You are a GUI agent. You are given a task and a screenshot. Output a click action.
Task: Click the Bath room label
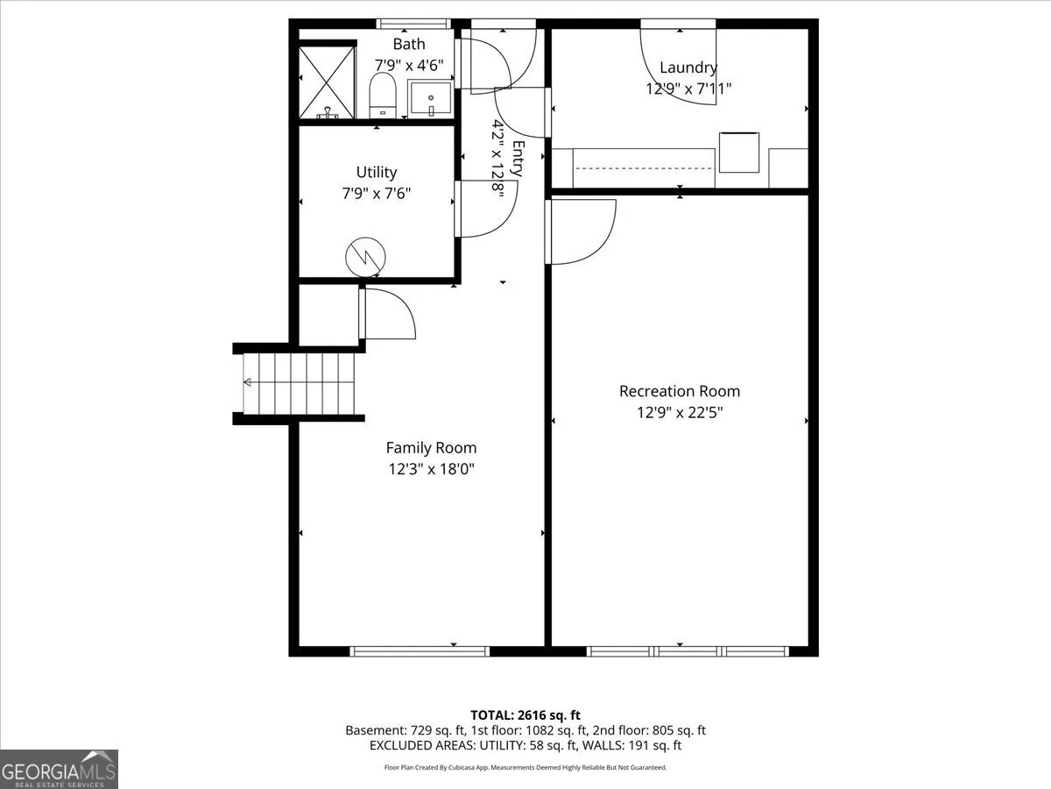pos(409,44)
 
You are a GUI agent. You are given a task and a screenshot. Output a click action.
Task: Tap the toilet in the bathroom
pos(383,95)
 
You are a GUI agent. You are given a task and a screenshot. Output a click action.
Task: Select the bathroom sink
pos(430,98)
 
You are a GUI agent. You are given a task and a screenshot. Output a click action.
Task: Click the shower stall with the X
pos(327,82)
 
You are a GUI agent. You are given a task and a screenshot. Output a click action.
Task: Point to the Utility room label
pos(377,172)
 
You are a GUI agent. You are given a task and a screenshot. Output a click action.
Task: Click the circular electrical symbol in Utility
pos(365,257)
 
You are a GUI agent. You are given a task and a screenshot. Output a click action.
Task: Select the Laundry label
pos(688,68)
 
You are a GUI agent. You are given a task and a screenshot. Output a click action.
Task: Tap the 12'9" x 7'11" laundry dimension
pos(688,89)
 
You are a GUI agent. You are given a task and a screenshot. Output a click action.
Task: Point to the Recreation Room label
pos(680,391)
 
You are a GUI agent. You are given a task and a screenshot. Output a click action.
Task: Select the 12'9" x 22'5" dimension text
pos(680,412)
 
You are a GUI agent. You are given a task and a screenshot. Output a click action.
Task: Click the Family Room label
pos(431,448)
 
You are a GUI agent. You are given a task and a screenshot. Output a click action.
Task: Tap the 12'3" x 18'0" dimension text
pos(431,469)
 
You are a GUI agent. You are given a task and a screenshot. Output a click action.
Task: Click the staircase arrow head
pos(248,382)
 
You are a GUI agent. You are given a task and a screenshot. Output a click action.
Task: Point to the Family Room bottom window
pos(420,651)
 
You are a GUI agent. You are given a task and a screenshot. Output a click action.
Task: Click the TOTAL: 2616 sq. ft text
pos(525,715)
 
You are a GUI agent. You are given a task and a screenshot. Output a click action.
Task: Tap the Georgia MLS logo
pos(59,770)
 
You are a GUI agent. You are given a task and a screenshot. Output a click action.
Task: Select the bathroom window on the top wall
pos(413,24)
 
